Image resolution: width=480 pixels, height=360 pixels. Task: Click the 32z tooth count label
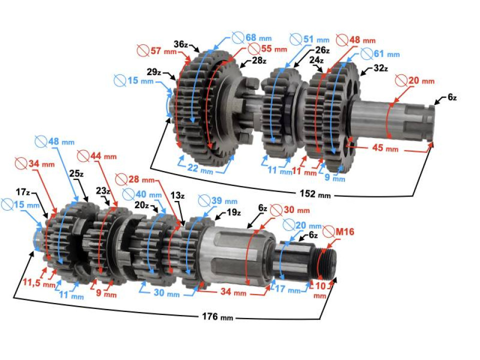(x=379, y=69)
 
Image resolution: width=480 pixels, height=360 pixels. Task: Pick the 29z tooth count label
(x=154, y=72)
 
